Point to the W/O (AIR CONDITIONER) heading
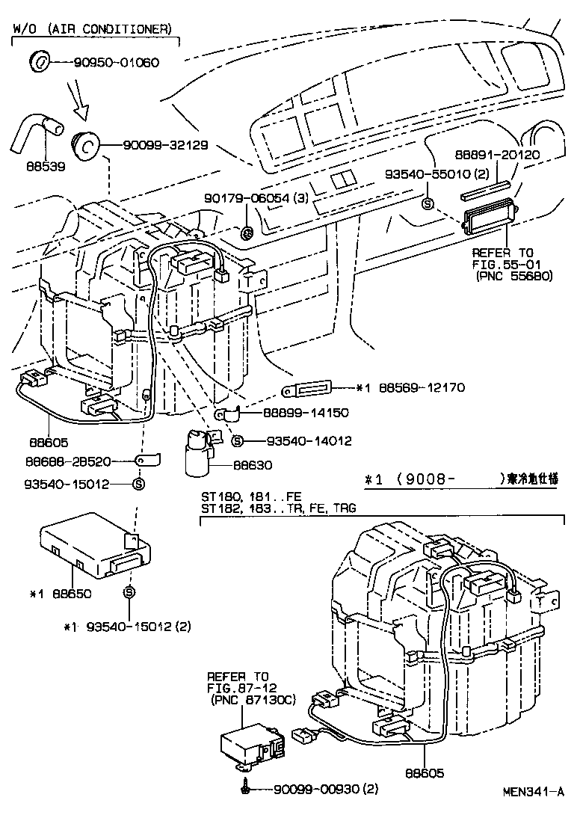92,29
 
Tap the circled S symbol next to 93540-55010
428,203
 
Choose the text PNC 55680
514,275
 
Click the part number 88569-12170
417,388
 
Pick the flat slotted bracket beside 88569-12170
307,388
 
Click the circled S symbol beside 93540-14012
238,441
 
